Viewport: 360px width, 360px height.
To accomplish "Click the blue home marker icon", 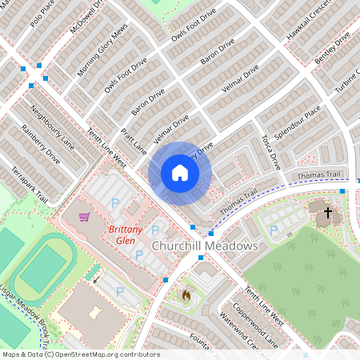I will pyautogui.click(x=179, y=173).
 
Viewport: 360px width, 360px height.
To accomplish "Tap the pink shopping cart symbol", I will pyautogui.click(x=84, y=216).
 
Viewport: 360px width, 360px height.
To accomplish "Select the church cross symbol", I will pyautogui.click(x=327, y=214).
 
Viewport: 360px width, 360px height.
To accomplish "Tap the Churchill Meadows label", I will pyautogui.click(x=205, y=246).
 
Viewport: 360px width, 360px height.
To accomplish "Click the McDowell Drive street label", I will pyautogui.click(x=86, y=15).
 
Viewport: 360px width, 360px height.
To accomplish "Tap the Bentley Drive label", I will pyautogui.click(x=333, y=49).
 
